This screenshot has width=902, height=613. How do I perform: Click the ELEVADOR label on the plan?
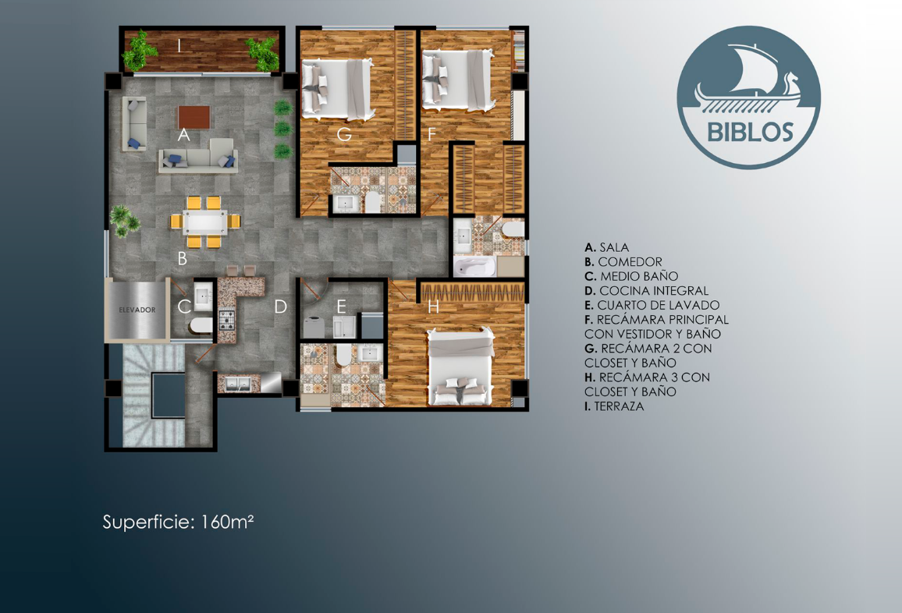[137, 310]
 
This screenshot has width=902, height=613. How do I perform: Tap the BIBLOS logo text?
[750, 132]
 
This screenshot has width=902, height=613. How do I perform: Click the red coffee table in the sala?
[194, 117]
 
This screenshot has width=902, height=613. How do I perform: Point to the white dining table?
[205, 222]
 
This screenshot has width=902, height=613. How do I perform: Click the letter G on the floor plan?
[344, 135]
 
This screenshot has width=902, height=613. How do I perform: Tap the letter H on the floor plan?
[433, 307]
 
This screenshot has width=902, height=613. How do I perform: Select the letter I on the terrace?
[180, 45]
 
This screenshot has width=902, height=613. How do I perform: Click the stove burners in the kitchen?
[226, 321]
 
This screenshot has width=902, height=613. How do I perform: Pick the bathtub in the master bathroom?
[474, 267]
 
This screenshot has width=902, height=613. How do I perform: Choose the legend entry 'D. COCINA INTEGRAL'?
[646, 291]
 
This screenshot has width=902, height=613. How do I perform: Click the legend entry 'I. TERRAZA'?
[614, 406]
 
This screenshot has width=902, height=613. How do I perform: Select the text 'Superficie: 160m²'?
[179, 523]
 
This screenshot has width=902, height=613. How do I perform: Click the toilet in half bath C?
[201, 326]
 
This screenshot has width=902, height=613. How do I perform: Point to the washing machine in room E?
[314, 327]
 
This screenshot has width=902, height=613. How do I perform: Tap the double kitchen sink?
[237, 384]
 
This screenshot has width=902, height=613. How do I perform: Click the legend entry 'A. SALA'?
[607, 248]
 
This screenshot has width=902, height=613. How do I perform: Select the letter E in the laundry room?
[341, 307]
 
